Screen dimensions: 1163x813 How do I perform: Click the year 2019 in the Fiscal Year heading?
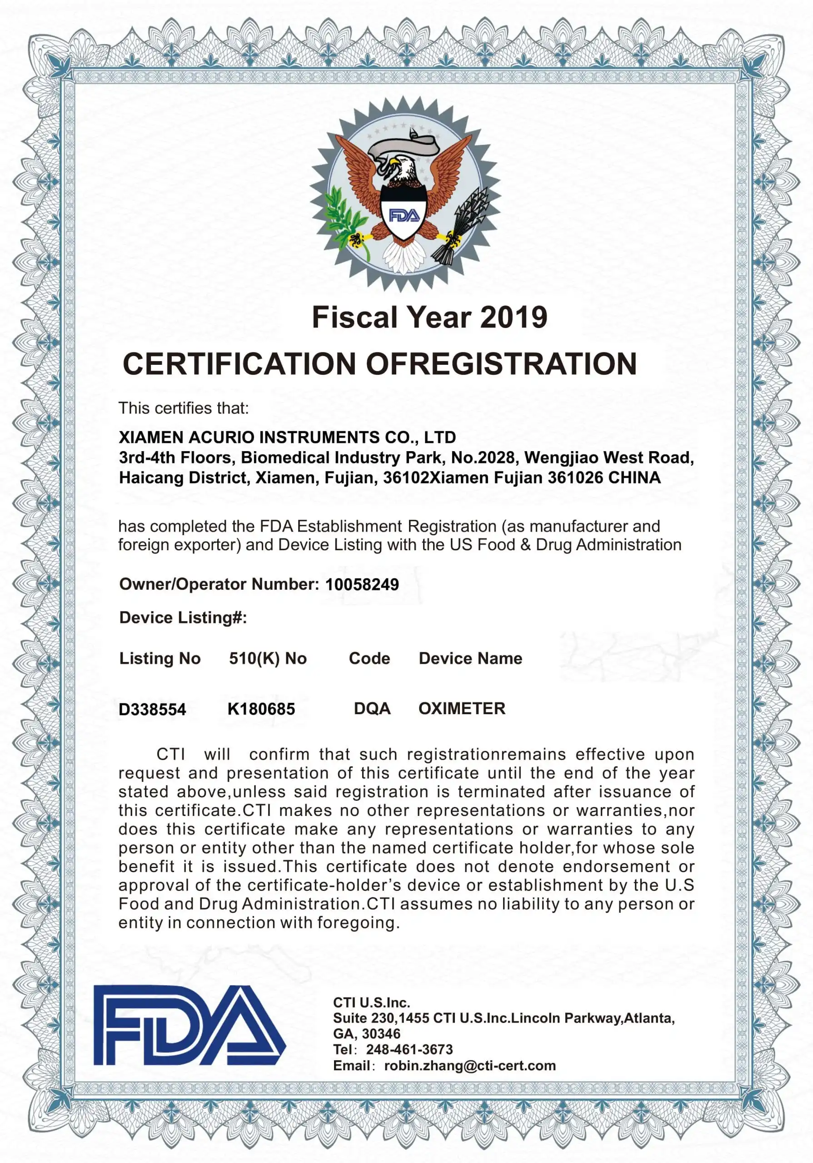(513, 318)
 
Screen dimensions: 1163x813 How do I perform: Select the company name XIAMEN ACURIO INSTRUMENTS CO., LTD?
(287, 437)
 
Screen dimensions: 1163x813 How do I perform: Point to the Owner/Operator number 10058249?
(362, 585)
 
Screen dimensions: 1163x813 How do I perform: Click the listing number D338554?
(152, 709)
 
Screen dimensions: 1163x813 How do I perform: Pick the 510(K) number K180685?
(261, 709)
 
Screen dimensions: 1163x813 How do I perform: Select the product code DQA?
(372, 708)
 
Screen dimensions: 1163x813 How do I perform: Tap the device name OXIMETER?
(461, 708)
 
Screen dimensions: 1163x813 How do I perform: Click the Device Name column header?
(470, 658)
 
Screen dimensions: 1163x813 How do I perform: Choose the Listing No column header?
(160, 658)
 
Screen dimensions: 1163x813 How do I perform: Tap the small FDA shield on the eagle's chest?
(404, 215)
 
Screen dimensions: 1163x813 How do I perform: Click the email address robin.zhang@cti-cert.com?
(469, 1066)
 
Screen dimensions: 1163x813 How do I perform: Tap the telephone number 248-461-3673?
(409, 1049)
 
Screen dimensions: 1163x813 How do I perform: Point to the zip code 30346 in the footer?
(381, 1034)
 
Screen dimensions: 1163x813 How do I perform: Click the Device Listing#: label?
(183, 617)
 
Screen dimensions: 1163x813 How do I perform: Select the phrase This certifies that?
(184, 408)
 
